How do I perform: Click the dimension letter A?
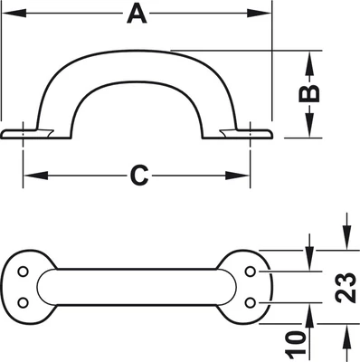click(x=137, y=14)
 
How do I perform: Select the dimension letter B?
click(x=308, y=93)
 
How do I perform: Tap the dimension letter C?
click(x=139, y=176)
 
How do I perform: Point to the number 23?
click(x=346, y=288)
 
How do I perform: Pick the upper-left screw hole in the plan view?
click(x=23, y=271)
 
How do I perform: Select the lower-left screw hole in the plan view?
click(x=23, y=302)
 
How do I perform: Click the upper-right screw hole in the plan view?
click(x=250, y=271)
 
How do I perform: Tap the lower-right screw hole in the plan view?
click(x=250, y=302)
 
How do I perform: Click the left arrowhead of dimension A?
click(x=14, y=14)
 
